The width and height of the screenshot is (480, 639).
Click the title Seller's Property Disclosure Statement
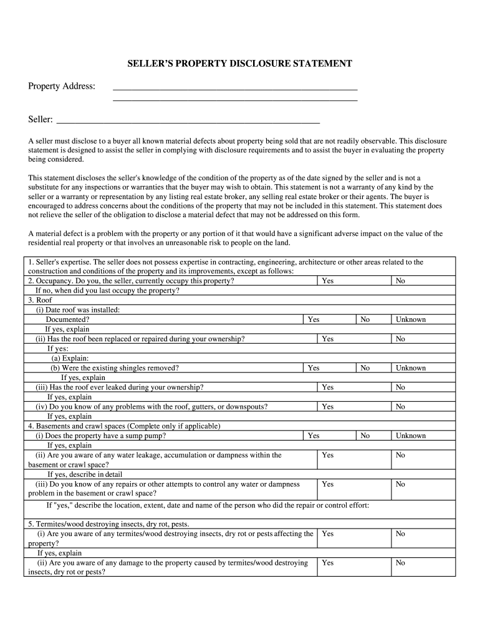point(240,64)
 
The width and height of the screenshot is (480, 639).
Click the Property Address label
point(61,85)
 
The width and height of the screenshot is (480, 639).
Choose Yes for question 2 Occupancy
point(327,281)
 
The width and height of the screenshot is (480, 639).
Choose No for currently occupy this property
point(400,281)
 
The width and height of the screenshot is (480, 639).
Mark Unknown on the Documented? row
point(410,319)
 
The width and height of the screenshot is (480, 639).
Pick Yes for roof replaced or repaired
point(327,339)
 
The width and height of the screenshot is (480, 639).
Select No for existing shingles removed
point(365,368)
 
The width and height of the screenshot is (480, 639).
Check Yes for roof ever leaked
point(327,388)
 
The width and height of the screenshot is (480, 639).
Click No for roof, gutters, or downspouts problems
point(400,407)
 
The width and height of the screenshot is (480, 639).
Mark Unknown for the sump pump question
point(410,436)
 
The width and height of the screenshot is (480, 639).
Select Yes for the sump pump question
point(314,436)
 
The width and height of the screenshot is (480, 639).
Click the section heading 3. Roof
point(40,300)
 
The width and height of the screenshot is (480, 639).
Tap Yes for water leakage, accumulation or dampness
point(327,456)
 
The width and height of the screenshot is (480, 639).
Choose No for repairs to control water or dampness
point(400,484)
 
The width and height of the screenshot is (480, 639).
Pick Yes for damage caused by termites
point(327,563)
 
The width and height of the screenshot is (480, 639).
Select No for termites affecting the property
point(400,534)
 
